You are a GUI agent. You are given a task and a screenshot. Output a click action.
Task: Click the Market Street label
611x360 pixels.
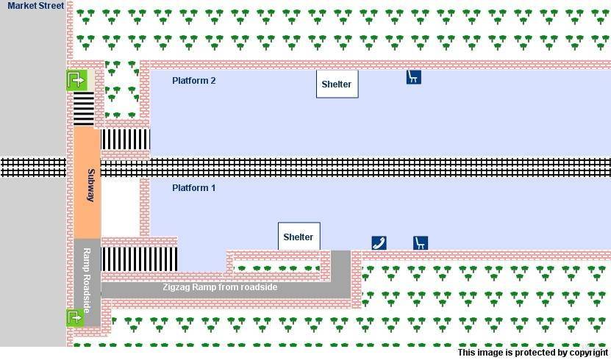point(36,6)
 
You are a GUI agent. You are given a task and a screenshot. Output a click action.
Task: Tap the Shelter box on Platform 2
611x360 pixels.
point(337,84)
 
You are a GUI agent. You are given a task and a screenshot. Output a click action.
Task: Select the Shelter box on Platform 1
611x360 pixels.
point(299,237)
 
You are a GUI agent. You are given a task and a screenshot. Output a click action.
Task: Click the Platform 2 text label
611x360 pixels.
point(193,80)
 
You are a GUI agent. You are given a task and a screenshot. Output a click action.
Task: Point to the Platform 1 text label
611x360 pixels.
point(193,187)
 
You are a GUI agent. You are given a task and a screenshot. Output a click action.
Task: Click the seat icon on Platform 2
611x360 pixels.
point(413,76)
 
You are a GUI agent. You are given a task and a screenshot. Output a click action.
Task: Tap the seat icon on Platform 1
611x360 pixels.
point(420,242)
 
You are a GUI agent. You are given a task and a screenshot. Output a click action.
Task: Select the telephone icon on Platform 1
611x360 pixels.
point(379,242)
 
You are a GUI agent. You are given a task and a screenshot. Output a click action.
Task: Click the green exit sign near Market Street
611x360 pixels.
point(76,79)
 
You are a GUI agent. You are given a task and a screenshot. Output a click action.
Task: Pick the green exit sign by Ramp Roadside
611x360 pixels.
point(75,317)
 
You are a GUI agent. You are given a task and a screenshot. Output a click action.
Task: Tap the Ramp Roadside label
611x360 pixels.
point(86,279)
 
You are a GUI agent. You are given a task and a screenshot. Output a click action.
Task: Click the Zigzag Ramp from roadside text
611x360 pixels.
point(220,287)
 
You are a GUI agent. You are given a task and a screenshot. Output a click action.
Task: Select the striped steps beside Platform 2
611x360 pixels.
point(125,139)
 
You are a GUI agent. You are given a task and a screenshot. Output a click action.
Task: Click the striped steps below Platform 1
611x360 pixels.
point(139,259)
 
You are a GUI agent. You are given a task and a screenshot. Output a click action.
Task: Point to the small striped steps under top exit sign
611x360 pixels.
point(84,109)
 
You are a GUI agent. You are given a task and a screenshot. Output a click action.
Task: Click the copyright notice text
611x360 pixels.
point(532,353)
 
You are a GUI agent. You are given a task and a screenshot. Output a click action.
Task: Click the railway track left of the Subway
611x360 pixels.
point(33,167)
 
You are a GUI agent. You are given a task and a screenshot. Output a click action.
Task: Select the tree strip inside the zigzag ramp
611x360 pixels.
point(276,267)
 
